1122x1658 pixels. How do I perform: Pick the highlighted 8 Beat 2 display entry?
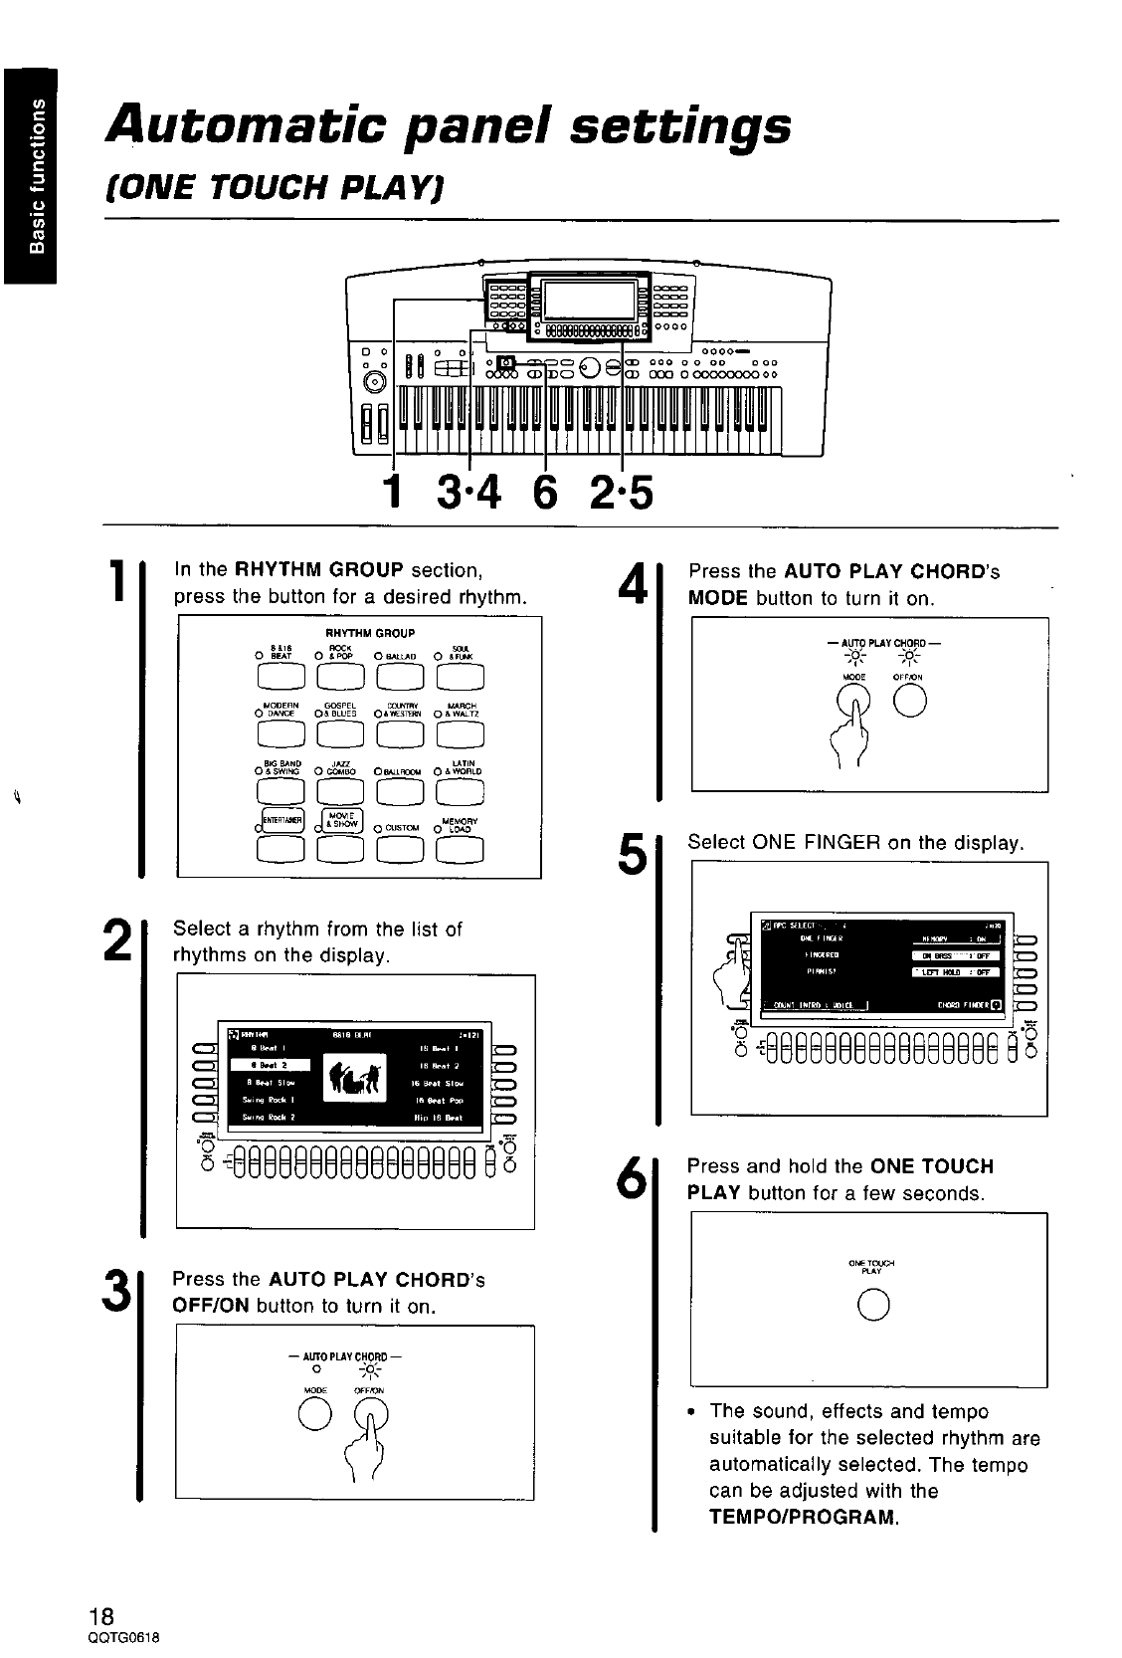(x=271, y=1064)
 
